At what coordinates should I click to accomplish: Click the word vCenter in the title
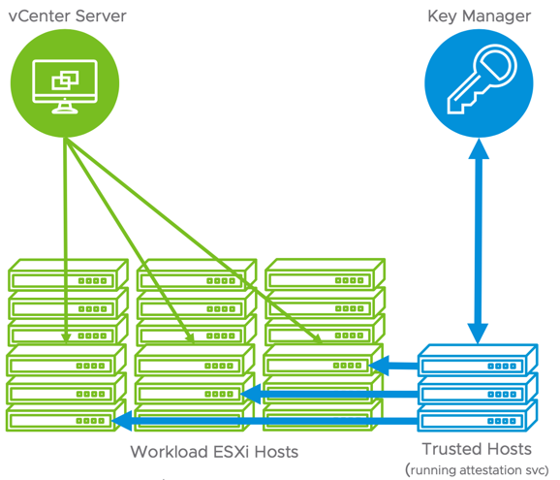[40, 16]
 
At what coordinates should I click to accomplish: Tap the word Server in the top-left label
[101, 16]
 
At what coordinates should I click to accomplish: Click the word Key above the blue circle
[442, 16]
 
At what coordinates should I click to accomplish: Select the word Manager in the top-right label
[496, 16]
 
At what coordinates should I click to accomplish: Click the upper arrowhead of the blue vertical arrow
[479, 148]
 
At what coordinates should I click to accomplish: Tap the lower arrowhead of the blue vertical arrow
[479, 334]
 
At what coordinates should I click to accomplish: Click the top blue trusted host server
[478, 361]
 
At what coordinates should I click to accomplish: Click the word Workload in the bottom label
[170, 452]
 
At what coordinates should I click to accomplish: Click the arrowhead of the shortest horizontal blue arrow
[379, 366]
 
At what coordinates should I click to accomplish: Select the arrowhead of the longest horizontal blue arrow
[121, 421]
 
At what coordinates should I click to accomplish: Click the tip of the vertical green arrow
[66, 342]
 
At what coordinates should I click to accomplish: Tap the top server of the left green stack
[68, 274]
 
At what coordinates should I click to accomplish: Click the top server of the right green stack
[325, 274]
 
